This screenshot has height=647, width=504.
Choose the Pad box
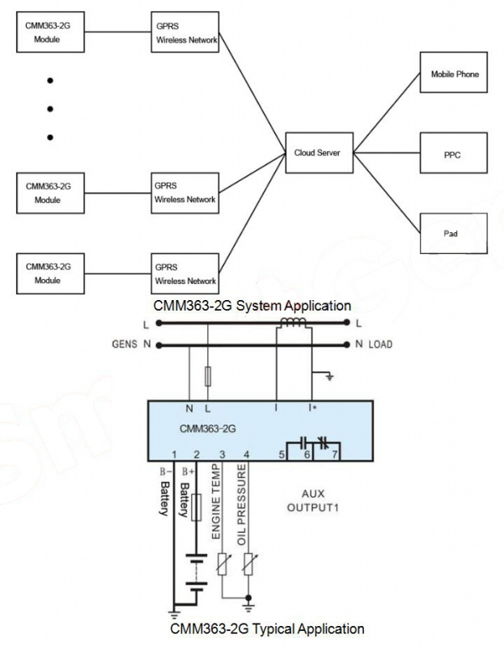tap(454, 232)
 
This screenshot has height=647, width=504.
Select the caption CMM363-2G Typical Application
tap(267, 628)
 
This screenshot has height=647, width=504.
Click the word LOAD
tap(380, 345)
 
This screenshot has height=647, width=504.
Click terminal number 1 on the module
tap(174, 454)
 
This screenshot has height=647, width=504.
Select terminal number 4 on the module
tap(247, 454)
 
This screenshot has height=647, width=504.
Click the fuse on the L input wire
tap(209, 376)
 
